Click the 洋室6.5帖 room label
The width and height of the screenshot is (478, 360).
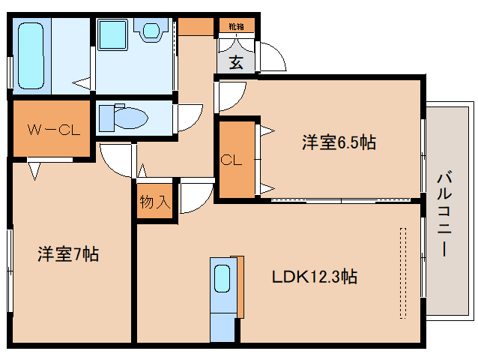pos(339,142)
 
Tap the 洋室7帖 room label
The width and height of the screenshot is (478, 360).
pos(68,254)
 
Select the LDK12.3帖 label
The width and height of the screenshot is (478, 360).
pos(314,277)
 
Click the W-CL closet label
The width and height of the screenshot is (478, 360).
pos(49,130)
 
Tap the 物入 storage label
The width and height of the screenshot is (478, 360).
pos(155,202)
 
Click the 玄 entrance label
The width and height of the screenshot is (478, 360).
pos(236,62)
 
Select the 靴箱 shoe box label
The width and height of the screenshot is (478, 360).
pos(236,27)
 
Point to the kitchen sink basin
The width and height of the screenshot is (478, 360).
pos(223,279)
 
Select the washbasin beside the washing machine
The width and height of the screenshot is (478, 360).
pos(151,31)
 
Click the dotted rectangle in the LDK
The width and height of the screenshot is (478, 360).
pos(403,274)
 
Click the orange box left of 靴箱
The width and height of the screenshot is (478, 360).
pos(196,25)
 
